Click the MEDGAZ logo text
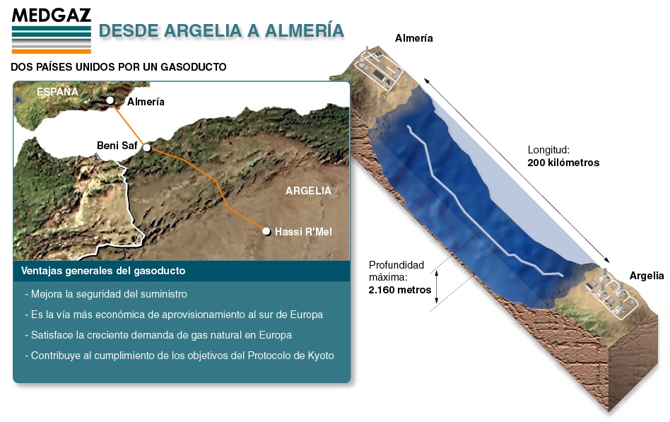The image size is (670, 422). click(x=52, y=16)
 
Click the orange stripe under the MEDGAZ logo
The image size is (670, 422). click(x=52, y=52)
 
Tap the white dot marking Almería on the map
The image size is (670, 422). click(x=110, y=100)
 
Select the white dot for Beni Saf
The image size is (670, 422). click(x=147, y=148)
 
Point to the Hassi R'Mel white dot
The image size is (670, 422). click(x=266, y=232)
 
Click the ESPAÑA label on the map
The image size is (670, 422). click(x=57, y=91)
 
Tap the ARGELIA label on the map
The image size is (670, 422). click(x=308, y=191)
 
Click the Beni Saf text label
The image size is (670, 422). click(x=117, y=146)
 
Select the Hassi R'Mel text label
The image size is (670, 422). click(x=303, y=232)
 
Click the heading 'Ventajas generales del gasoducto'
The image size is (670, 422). click(x=103, y=271)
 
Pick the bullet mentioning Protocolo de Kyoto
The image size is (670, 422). click(x=180, y=356)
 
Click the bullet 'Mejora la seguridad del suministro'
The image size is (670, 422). click(x=106, y=294)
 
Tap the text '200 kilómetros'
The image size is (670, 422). click(x=563, y=163)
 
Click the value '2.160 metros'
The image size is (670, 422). click(x=400, y=290)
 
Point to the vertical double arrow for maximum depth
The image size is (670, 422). click(x=436, y=287)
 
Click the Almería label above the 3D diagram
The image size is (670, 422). click(x=413, y=38)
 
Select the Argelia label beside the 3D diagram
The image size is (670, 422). click(x=647, y=276)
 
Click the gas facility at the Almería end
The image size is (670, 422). click(x=379, y=69)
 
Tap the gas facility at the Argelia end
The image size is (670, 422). click(x=612, y=293)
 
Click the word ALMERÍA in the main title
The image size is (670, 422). click(x=304, y=31)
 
